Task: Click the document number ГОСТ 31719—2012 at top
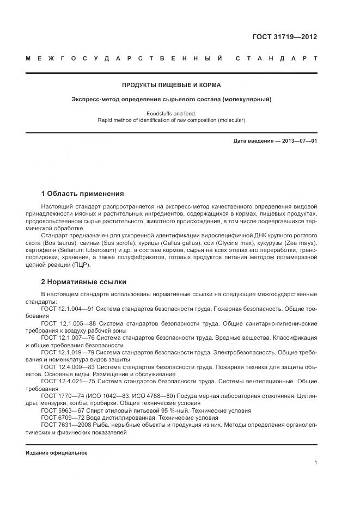click(x=285, y=37)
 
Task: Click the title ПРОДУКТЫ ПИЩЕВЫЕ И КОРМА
click(x=172, y=85)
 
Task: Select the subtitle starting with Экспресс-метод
click(x=172, y=99)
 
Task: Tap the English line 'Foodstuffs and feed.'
click(x=172, y=113)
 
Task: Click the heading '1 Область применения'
click(x=82, y=193)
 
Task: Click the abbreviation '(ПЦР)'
click(x=79, y=265)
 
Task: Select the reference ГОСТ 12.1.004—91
click(x=68, y=309)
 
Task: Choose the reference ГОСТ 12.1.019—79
click(x=68, y=352)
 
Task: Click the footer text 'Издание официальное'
click(x=57, y=452)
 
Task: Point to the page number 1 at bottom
click(x=315, y=462)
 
